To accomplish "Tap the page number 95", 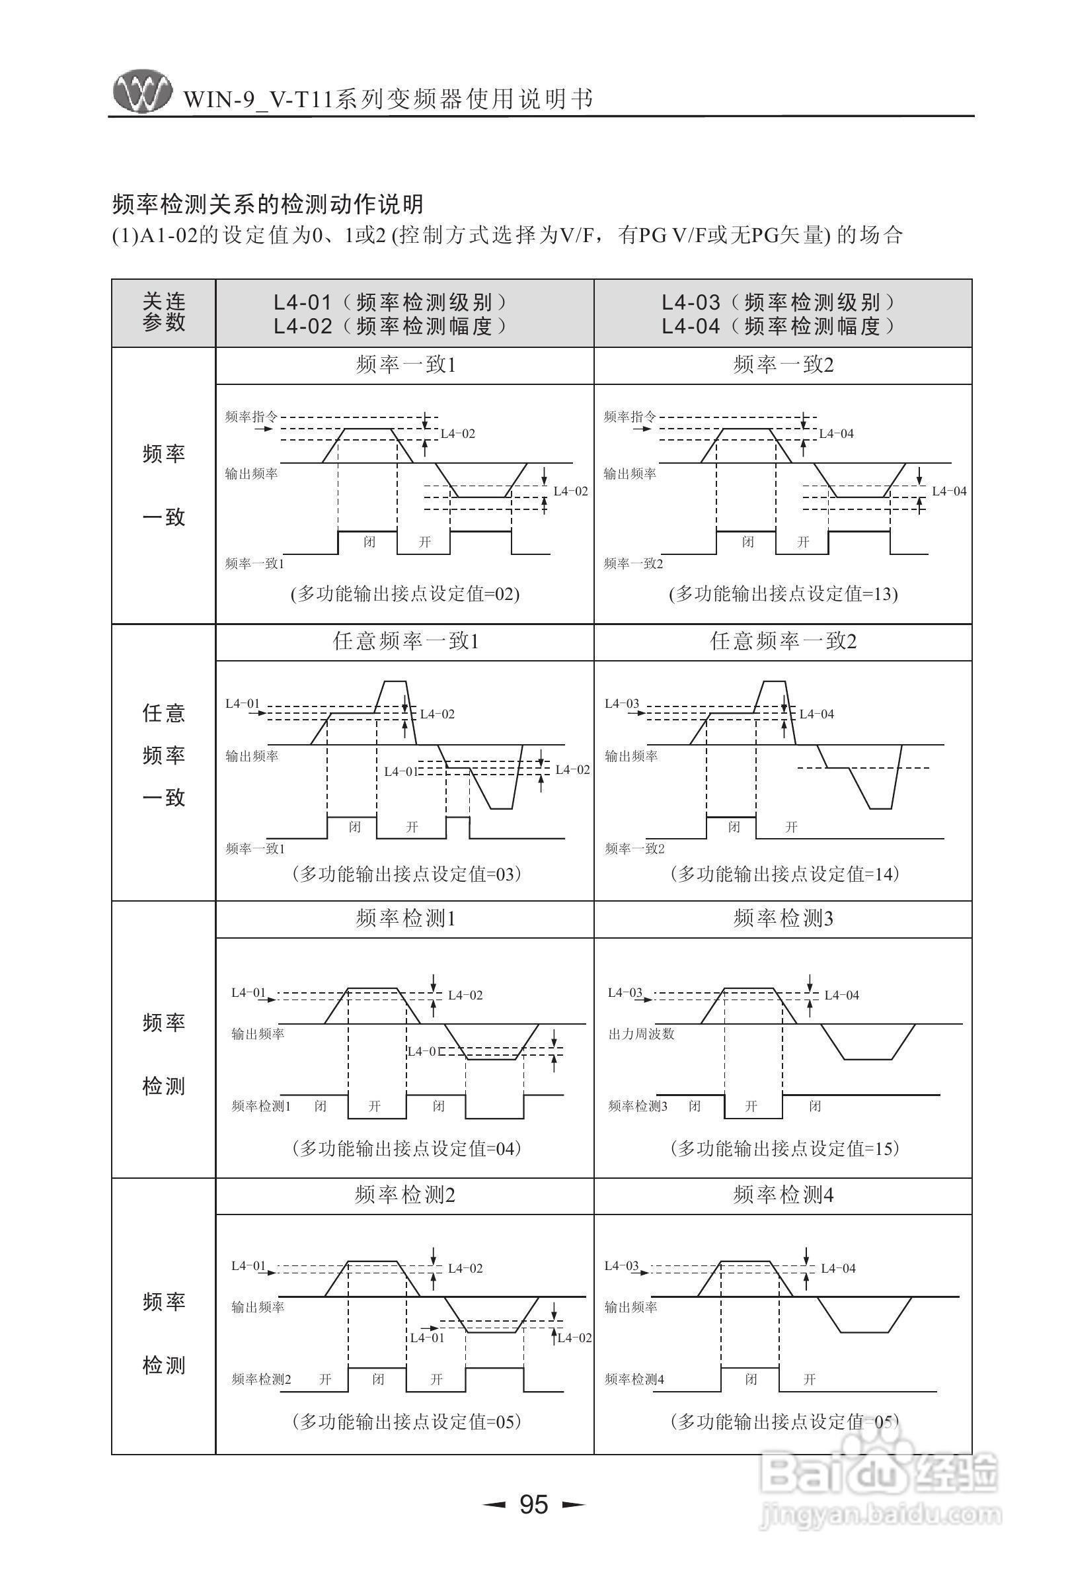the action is [533, 1504].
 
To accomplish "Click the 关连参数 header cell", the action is [163, 312].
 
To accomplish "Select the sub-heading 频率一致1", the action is [405, 365].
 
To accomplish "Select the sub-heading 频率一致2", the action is [783, 365].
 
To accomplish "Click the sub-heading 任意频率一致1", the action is [405, 641].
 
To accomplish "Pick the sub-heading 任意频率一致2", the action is [783, 641].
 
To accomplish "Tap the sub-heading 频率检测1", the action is [405, 918].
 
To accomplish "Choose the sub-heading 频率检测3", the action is [783, 918].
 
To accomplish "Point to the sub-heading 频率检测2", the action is [405, 1195].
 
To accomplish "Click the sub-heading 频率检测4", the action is [783, 1195].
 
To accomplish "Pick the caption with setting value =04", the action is [406, 1148].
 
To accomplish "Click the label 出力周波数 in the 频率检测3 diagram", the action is [640, 1034].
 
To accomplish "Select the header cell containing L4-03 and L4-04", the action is [783, 314].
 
